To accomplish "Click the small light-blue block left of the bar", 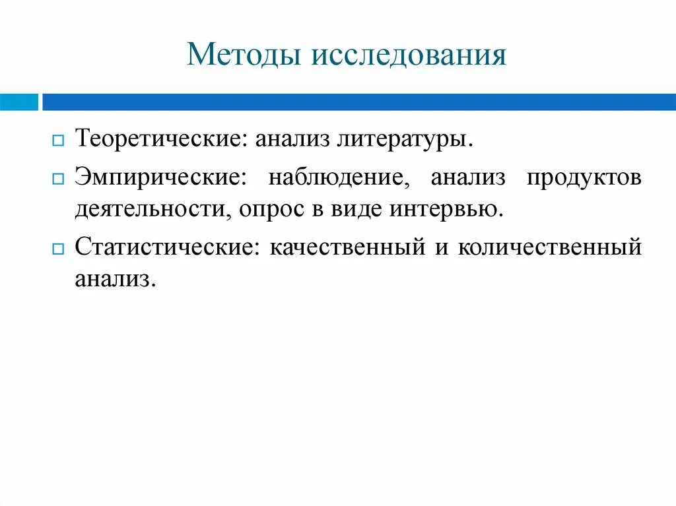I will (19, 102).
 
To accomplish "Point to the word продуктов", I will (584, 179).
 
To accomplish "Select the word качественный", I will (347, 248).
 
